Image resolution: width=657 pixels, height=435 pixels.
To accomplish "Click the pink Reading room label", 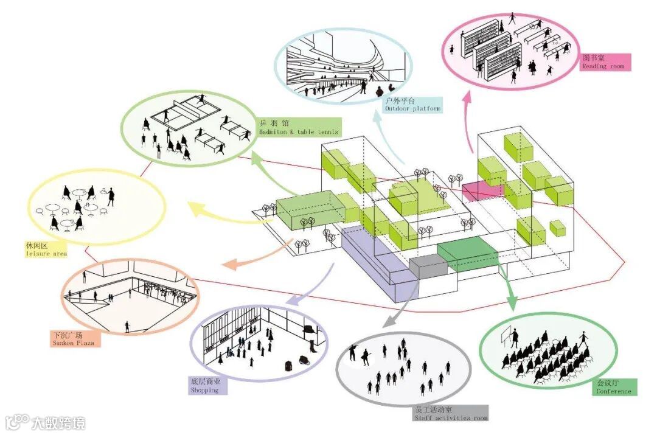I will [x=605, y=62].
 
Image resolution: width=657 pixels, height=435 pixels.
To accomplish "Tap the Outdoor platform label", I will [x=412, y=104].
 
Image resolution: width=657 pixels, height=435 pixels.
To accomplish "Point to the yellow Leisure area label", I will [x=46, y=249].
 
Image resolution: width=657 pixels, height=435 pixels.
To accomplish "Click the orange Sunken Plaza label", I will [x=74, y=339].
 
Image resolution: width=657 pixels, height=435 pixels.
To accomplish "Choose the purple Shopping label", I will [x=206, y=386].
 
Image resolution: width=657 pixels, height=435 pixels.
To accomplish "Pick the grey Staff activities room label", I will [x=450, y=414].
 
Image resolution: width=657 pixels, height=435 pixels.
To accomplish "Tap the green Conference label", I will [x=614, y=388].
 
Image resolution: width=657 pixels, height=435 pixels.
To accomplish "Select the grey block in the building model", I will [x=427, y=266].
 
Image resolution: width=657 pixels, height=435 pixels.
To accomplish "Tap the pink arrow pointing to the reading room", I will [x=469, y=122].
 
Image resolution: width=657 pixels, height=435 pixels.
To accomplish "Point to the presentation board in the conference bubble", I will [x=506, y=335].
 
